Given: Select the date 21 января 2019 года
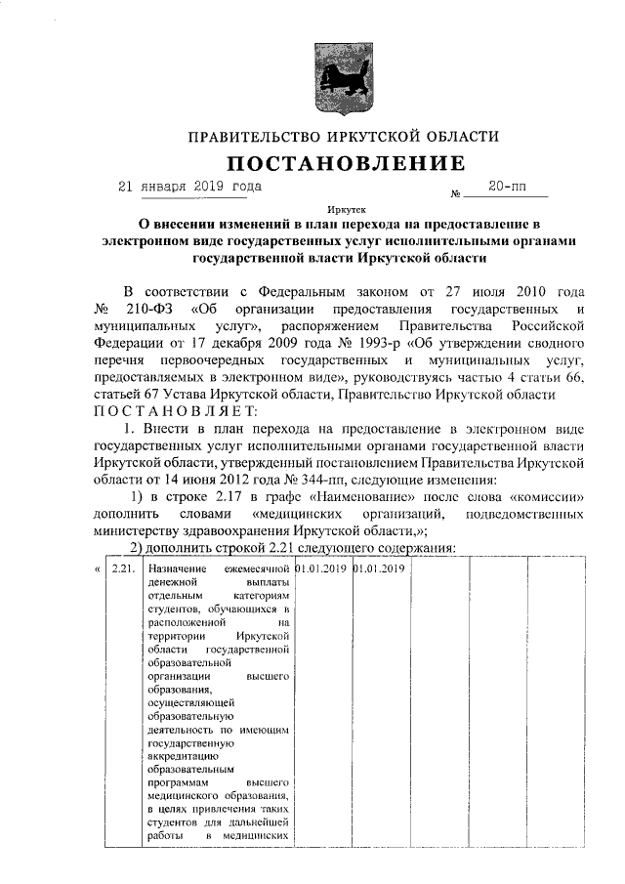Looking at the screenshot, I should pos(189,186).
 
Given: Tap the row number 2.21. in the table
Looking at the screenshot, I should pos(123,568).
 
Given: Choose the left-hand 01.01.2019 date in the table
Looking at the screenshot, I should pos(321,568).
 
